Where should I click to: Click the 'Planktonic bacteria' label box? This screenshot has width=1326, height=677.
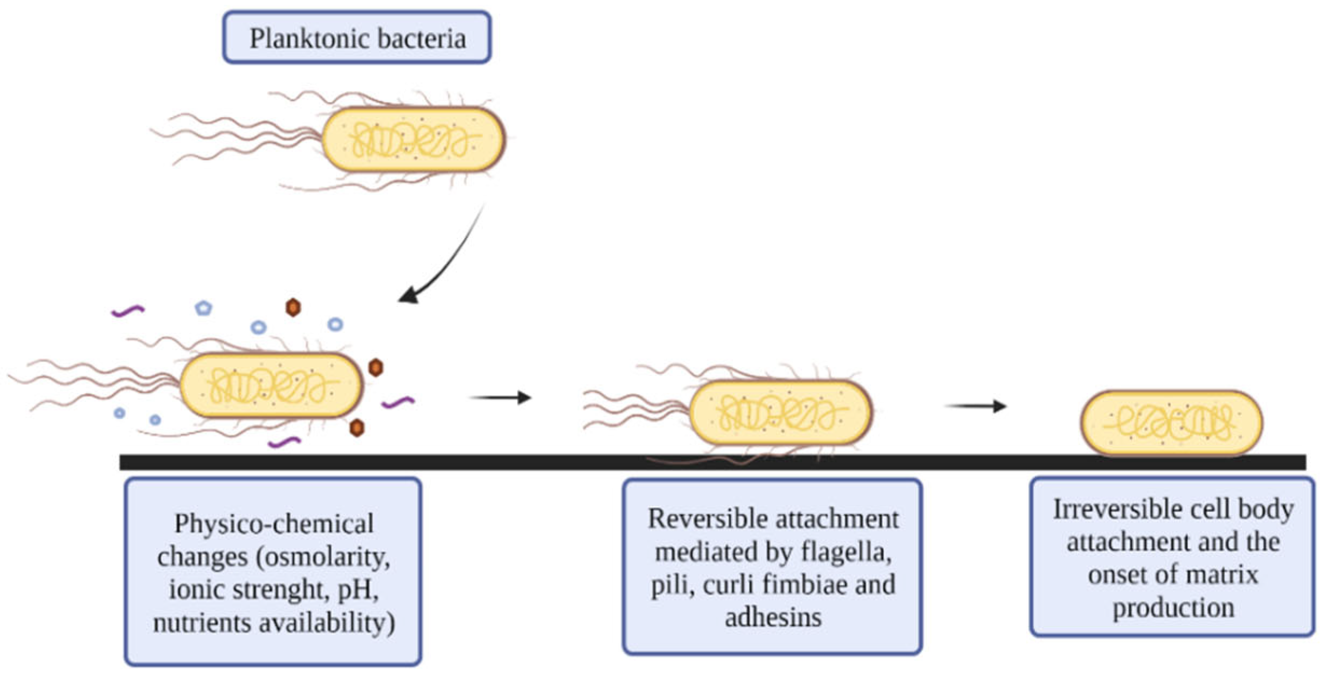356,38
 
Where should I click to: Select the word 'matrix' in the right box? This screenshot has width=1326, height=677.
1224,575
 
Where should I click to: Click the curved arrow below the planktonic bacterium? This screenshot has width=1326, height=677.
447,259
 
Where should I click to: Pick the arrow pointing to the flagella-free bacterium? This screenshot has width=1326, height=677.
976,406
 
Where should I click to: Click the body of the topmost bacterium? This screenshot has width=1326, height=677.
413,140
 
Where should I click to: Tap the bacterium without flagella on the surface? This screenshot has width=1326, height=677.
1171,423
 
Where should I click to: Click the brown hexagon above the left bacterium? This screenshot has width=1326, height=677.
293,307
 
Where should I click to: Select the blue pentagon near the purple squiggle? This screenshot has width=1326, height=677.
203,308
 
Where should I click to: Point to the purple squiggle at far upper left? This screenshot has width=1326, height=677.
128,311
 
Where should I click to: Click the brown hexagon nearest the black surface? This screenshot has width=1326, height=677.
357,428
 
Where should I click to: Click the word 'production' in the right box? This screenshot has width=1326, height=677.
1173,609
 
